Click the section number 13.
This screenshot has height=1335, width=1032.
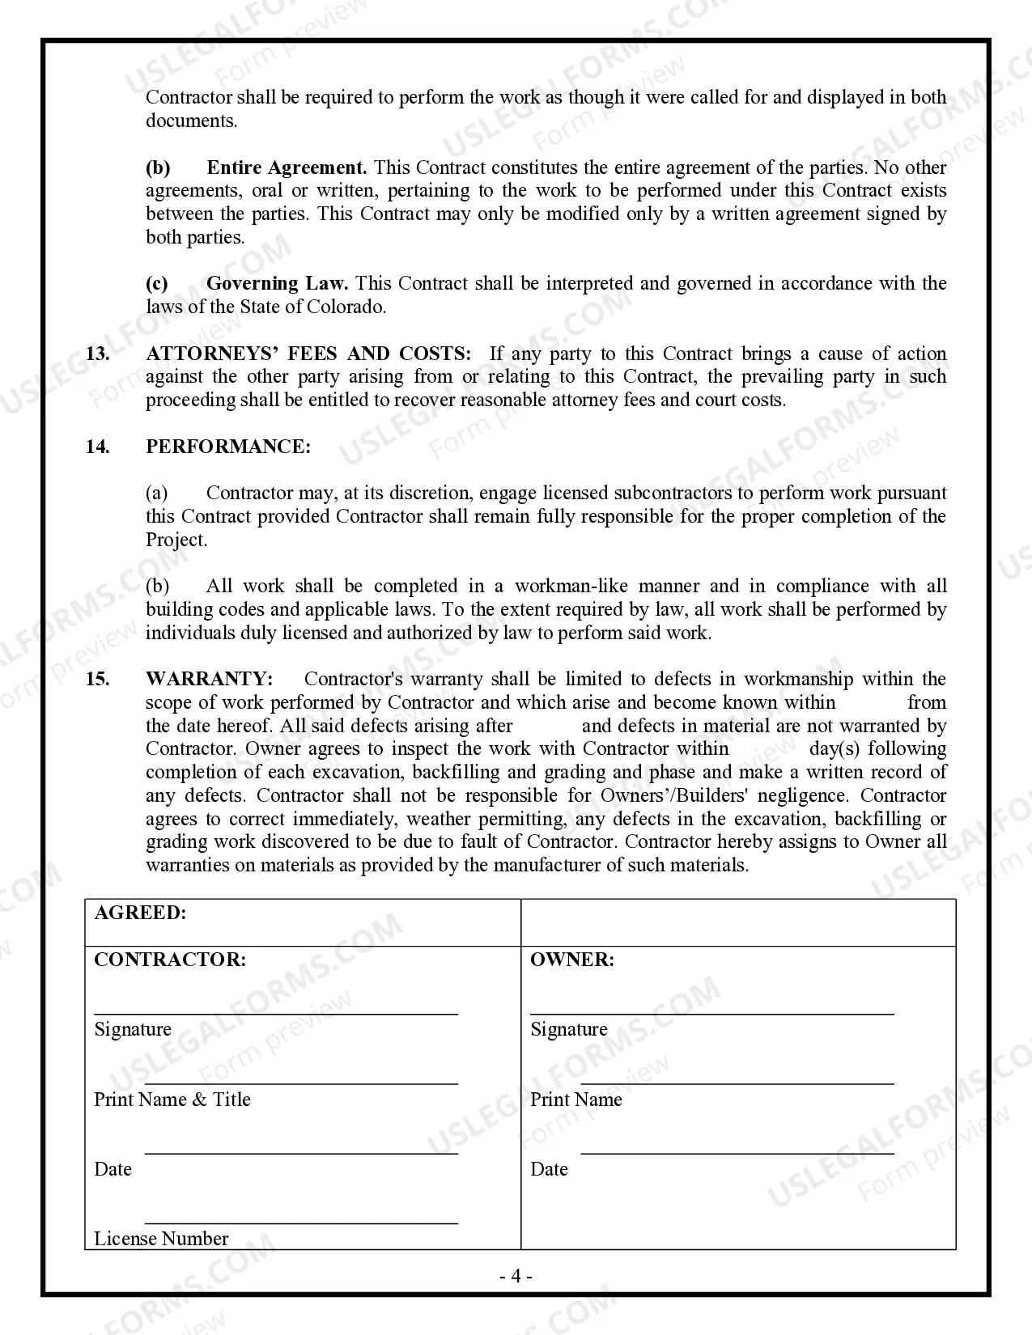(x=97, y=354)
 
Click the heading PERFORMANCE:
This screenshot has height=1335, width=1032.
(x=227, y=447)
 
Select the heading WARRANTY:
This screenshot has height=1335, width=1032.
(x=209, y=680)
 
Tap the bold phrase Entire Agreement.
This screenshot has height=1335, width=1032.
(x=287, y=168)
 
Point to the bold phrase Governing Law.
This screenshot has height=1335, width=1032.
(x=277, y=284)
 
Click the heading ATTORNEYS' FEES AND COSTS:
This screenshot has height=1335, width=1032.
(x=308, y=354)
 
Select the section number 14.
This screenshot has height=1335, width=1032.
(x=97, y=447)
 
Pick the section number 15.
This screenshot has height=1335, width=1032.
(x=97, y=680)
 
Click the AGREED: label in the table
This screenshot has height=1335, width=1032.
(x=140, y=913)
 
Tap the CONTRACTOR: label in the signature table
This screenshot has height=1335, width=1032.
(x=170, y=960)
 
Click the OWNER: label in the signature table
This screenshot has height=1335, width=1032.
(x=572, y=960)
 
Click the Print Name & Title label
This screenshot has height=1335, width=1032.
(x=172, y=1100)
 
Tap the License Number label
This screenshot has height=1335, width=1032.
(x=161, y=1239)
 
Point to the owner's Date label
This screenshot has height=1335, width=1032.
(x=549, y=1169)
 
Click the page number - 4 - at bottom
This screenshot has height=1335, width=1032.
(x=516, y=1277)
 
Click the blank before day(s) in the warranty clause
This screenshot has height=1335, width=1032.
(x=768, y=749)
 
